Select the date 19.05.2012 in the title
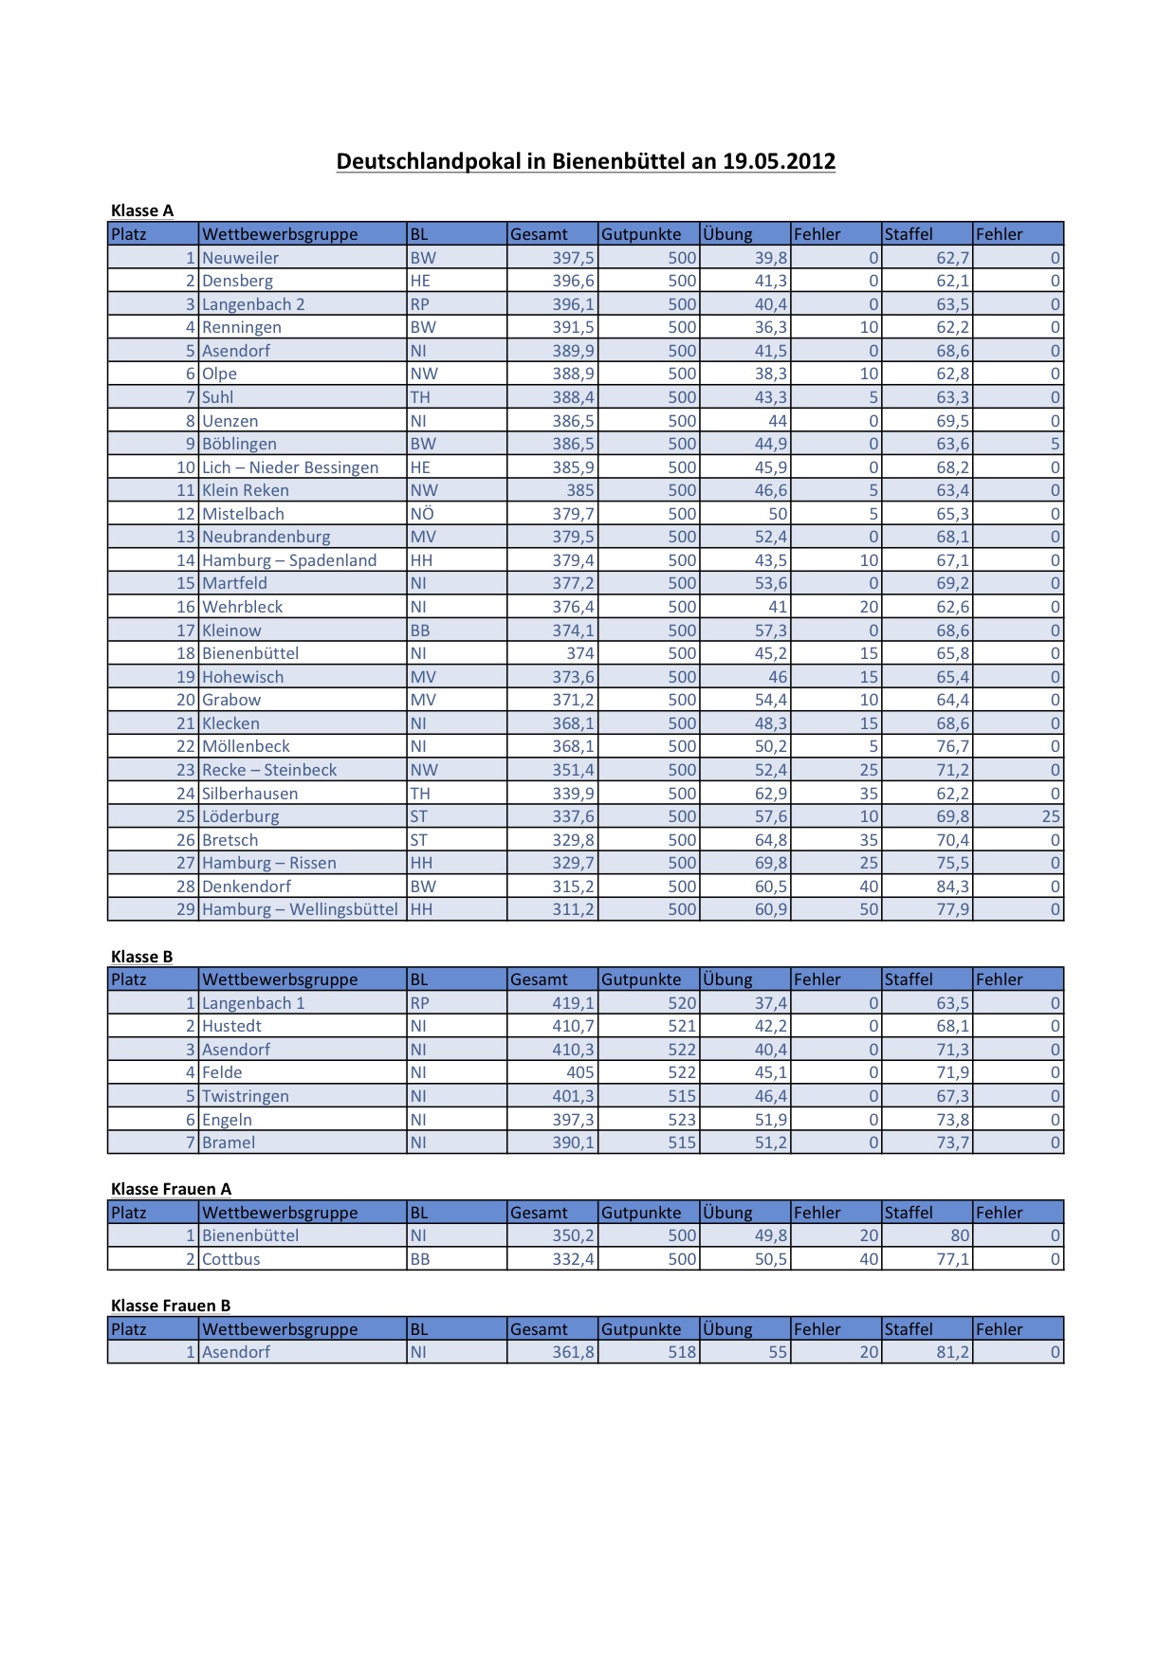pyautogui.click(x=779, y=161)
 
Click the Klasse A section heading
pyautogui.click(x=142, y=210)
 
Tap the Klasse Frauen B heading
pyautogui.click(x=171, y=1306)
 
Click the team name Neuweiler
pyautogui.click(x=241, y=258)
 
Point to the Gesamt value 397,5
pyautogui.click(x=573, y=258)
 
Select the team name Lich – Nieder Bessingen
pyautogui.click(x=290, y=467)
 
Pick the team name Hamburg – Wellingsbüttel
pyautogui.click(x=300, y=909)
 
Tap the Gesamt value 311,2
pyautogui.click(x=573, y=909)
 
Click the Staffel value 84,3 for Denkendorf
pyautogui.click(x=952, y=887)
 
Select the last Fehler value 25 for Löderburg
pyautogui.click(x=1050, y=816)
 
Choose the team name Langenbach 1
pyautogui.click(x=253, y=1003)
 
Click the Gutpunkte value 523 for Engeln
pyautogui.click(x=681, y=1120)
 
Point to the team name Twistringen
pyautogui.click(x=246, y=1096)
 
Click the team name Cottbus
pyautogui.click(x=231, y=1259)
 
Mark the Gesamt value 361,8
pyautogui.click(x=573, y=1352)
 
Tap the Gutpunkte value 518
pyautogui.click(x=681, y=1352)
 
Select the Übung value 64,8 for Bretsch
pyautogui.click(x=770, y=840)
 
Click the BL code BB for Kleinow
pyautogui.click(x=420, y=631)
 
